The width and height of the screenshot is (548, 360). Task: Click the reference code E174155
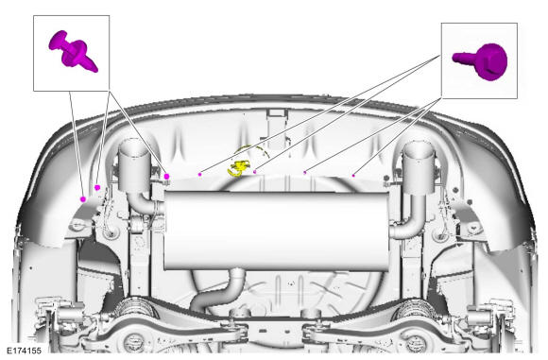(25, 351)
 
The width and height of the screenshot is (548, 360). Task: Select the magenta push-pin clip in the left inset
(73, 51)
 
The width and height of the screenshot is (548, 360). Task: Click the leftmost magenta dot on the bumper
(83, 199)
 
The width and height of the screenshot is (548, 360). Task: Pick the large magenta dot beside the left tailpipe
(166, 177)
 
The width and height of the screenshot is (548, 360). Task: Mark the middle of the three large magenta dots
(97, 188)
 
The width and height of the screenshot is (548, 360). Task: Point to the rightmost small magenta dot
(353, 176)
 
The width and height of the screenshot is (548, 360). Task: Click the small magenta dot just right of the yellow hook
(255, 172)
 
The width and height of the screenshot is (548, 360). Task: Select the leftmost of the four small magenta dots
(200, 174)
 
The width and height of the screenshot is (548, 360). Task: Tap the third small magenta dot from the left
(305, 172)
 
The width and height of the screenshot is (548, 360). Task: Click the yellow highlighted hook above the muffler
(239, 168)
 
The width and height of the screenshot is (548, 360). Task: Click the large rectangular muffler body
(277, 231)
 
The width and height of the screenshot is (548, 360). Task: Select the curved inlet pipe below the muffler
(219, 291)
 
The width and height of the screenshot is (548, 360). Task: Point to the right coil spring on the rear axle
(415, 309)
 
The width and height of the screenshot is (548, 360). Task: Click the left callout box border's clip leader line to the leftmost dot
(77, 146)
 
